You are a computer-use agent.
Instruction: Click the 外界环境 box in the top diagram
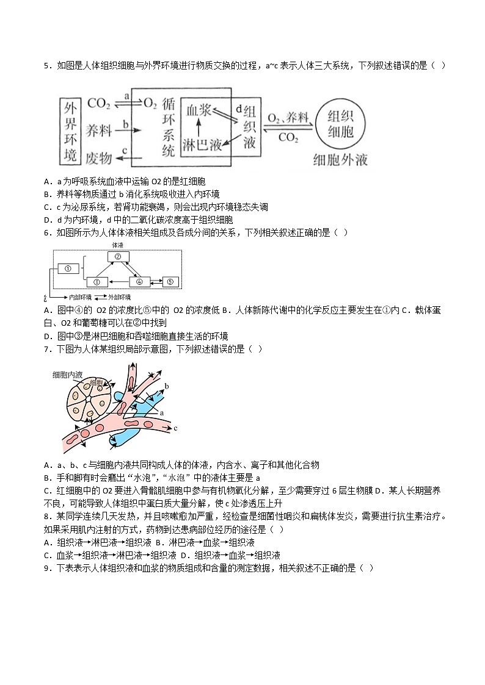71,131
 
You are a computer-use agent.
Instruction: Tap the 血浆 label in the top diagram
199,110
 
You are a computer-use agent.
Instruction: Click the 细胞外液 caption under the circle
340,160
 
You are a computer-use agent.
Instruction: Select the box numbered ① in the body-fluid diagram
68,268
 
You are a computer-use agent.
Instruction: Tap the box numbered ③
98,282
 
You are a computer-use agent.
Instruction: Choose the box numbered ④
139,282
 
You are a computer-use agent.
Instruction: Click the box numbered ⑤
170,282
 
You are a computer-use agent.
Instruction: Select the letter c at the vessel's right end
175,428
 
